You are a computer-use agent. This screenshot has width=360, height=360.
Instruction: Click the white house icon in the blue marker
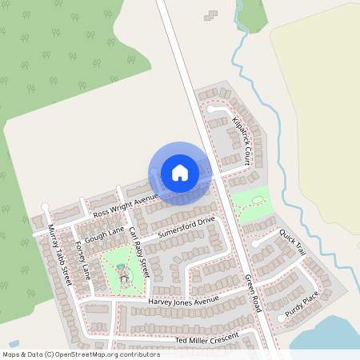pyautogui.click(x=180, y=172)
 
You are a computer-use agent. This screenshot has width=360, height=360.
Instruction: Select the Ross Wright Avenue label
pyautogui.click(x=126, y=206)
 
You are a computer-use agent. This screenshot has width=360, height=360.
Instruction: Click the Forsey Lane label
pyautogui.click(x=82, y=260)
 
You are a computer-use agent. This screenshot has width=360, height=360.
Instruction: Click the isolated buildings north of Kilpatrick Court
pyautogui.click(x=211, y=15)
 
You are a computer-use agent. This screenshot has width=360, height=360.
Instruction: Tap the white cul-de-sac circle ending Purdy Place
pyautogui.click(x=280, y=318)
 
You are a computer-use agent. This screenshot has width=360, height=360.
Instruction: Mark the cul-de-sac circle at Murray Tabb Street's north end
pyautogui.click(x=46, y=208)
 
